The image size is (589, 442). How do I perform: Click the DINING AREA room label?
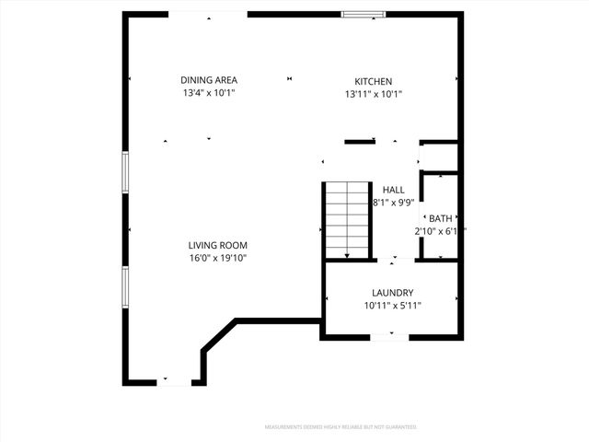[208, 80]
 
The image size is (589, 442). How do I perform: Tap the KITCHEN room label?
[374, 80]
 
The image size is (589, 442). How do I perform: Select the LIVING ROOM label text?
[217, 245]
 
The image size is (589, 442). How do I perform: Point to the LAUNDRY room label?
[392, 292]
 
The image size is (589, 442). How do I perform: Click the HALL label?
[393, 190]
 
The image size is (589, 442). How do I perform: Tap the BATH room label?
[440, 218]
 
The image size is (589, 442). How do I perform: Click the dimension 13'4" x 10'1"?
[208, 93]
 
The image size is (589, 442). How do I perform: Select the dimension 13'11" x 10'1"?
[374, 93]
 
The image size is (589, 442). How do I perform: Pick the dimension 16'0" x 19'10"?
[217, 258]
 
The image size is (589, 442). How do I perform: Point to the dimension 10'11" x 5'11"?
[392, 305]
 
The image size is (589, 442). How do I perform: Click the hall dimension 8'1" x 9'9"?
[393, 203]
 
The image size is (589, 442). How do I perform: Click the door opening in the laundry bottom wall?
[389, 338]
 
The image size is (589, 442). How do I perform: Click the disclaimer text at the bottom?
[341, 427]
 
